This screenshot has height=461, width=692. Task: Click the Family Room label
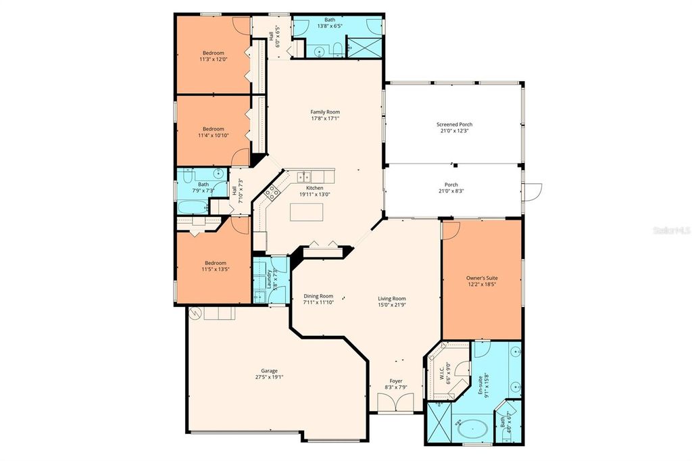(324, 112)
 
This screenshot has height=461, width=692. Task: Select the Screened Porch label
(454, 124)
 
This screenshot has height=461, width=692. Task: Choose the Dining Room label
(318, 295)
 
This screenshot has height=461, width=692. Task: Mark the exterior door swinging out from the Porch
(533, 191)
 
